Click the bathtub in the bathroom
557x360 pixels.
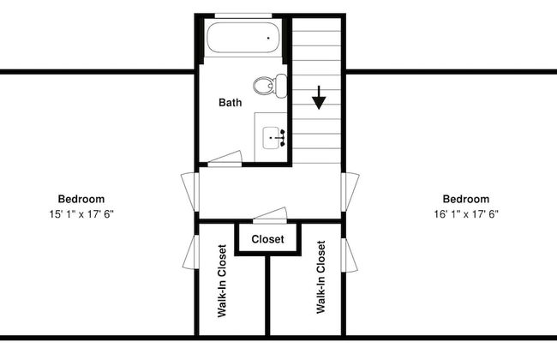point(243,38)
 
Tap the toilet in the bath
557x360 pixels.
point(270,86)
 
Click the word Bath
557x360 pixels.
point(231,103)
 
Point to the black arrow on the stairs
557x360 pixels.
point(319,98)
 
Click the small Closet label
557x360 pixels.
point(267,239)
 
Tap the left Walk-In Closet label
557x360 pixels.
point(222,280)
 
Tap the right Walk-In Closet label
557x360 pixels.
point(320,277)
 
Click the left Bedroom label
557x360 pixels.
point(81,199)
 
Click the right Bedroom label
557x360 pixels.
point(466,199)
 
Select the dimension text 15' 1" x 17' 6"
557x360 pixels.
point(81,214)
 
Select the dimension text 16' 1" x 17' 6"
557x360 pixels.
point(466,214)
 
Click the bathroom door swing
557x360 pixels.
point(225,159)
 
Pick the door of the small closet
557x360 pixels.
point(270,215)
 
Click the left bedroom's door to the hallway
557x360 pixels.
point(189,192)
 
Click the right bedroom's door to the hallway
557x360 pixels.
point(350,192)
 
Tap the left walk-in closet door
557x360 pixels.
point(189,252)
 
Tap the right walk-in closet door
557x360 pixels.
point(350,255)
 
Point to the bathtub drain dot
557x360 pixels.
point(268,38)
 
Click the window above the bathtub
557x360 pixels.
point(243,15)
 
